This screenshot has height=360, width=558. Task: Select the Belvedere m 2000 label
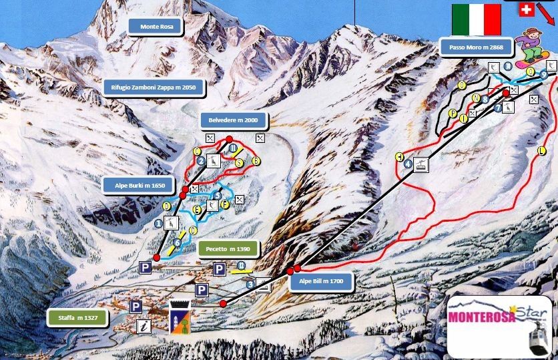coord(234,120)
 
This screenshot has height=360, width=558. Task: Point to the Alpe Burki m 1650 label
coord(139,185)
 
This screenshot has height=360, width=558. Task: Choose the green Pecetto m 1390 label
coord(228,249)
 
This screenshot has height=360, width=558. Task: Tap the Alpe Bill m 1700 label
coord(322,282)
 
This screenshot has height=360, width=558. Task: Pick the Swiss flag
coord(527,9)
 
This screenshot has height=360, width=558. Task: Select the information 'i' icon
coord(142,326)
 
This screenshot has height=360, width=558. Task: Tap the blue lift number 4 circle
coord(408,161)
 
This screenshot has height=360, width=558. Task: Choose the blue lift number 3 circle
coord(250,285)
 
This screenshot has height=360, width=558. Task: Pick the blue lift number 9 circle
coord(544,75)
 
